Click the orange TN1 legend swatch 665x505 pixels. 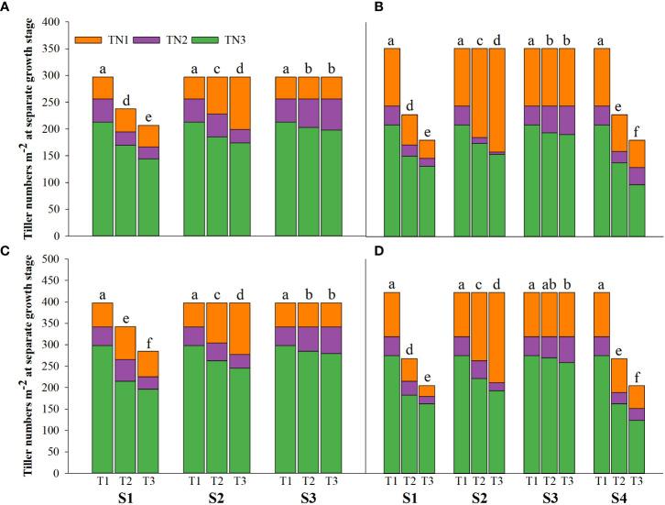click(x=89, y=40)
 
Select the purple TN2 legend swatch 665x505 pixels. click(x=151, y=40)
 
